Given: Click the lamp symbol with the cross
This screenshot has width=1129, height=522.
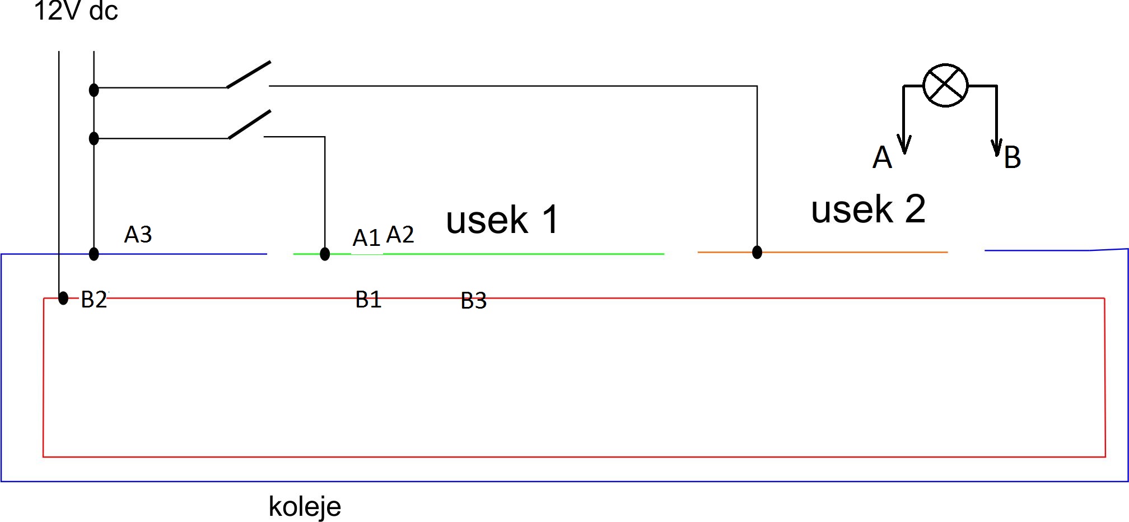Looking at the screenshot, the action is [945, 85].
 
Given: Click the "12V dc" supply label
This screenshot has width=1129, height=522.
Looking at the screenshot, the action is [76, 11].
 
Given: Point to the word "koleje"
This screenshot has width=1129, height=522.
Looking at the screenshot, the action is [305, 506].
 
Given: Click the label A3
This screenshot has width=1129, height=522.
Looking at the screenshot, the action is [138, 234].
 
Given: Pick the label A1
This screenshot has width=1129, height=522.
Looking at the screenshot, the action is [366, 237].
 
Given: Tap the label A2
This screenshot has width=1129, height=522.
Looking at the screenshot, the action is [400, 234].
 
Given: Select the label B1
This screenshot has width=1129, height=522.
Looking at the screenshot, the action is [368, 299].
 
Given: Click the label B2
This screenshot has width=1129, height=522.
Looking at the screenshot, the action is [94, 299].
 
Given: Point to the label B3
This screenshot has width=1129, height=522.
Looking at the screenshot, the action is [473, 301].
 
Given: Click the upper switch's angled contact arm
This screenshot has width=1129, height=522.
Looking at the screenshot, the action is [249, 74].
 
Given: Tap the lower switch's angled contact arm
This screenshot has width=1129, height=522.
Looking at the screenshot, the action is [250, 124].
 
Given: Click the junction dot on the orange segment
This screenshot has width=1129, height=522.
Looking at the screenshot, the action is [757, 252].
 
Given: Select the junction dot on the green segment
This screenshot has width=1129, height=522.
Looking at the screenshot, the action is [325, 254].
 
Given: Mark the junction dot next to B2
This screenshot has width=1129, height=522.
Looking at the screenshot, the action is [63, 298].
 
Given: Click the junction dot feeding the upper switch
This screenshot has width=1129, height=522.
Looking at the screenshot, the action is [94, 90].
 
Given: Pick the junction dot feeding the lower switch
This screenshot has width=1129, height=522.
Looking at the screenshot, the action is [94, 138].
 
